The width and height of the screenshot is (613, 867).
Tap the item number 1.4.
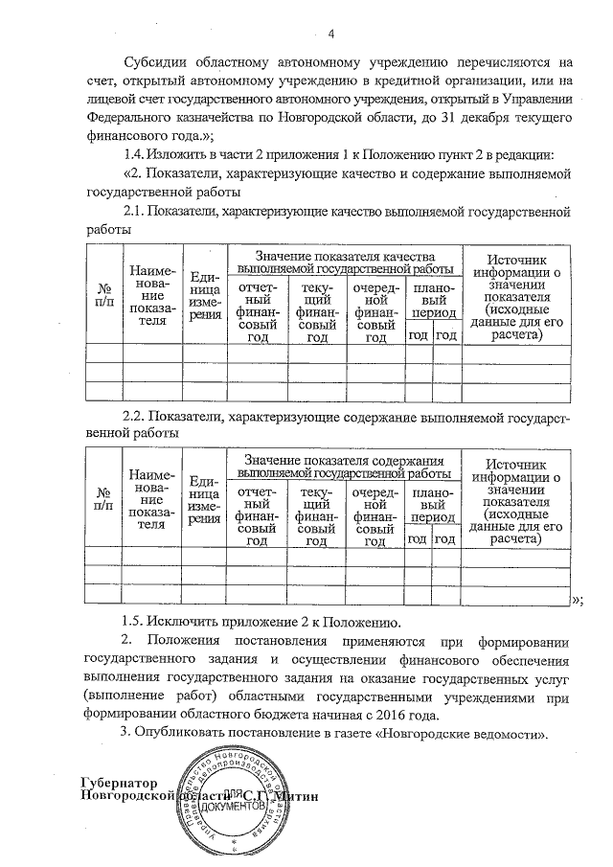coord(138,157)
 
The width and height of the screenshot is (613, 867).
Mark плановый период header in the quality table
coord(432,300)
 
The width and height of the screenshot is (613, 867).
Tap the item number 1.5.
coord(138,621)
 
